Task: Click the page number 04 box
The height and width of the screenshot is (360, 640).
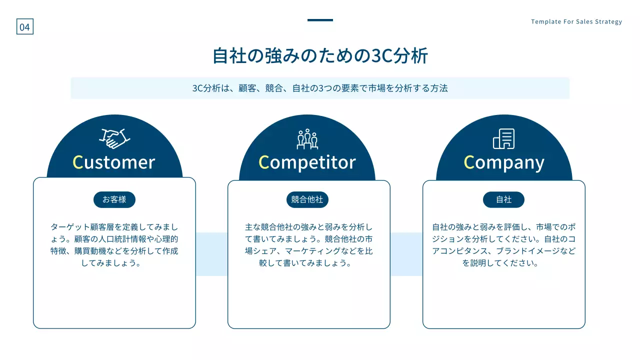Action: [24, 27]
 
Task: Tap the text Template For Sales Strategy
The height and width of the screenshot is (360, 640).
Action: [576, 21]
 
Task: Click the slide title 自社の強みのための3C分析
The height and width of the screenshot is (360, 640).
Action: [320, 55]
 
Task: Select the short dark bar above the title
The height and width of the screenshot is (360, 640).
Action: [320, 20]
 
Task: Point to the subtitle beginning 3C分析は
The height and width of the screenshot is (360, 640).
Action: [320, 88]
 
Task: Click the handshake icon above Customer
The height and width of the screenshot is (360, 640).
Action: [115, 138]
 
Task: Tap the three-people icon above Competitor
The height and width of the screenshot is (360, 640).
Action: [307, 139]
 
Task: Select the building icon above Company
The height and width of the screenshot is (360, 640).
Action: [503, 139]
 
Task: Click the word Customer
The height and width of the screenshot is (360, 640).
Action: [114, 162]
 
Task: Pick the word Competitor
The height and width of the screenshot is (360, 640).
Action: [307, 162]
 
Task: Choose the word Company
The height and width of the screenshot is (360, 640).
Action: [504, 162]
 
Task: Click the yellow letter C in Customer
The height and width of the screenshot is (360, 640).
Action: [77, 162]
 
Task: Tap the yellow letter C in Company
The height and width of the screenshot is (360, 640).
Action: [469, 162]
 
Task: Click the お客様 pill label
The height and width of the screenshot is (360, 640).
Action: [114, 199]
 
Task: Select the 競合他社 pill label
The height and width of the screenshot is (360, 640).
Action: [307, 199]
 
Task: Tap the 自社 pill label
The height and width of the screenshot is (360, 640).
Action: [503, 199]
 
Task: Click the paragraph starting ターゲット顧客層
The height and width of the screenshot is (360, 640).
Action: [114, 245]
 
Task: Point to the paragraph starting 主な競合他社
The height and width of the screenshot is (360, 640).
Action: [308, 245]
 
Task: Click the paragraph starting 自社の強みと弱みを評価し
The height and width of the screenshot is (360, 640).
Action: [503, 245]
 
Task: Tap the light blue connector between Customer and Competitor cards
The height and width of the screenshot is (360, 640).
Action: [211, 254]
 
